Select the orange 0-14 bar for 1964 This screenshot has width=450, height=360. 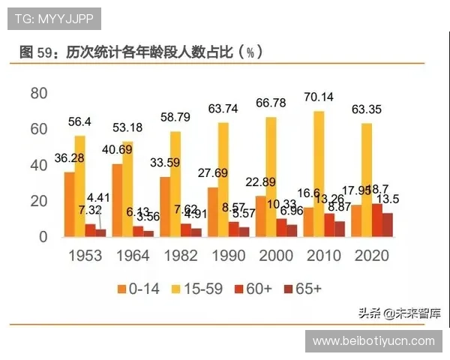[117, 200]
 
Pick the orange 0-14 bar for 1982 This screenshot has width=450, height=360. [165, 206]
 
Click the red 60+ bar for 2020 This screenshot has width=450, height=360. [377, 220]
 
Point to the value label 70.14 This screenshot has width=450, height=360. [319, 96]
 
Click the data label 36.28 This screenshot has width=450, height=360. [69, 157]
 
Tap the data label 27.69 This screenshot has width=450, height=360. [214, 173]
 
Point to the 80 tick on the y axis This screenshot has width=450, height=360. [38, 93]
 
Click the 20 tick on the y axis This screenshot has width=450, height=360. [38, 201]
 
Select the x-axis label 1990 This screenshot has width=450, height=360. [229, 256]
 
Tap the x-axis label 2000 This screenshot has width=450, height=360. [277, 256]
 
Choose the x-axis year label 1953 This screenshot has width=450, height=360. [85, 256]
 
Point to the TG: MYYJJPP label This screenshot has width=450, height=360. [53, 18]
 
